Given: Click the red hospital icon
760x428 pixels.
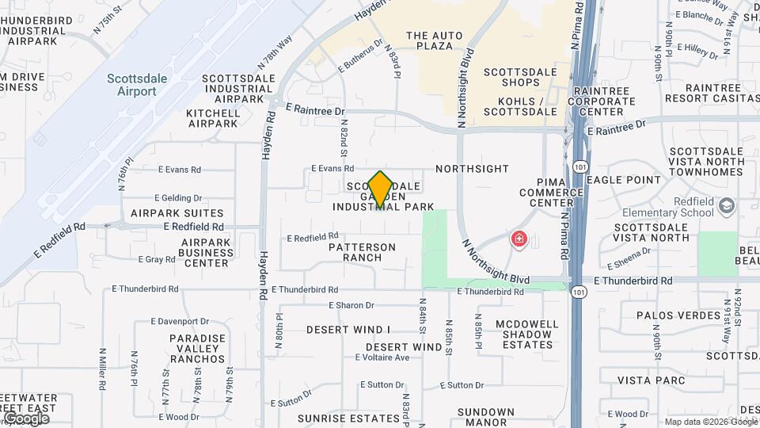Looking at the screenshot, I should [x=519, y=239].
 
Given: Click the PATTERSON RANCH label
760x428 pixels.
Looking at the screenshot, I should [x=362, y=252].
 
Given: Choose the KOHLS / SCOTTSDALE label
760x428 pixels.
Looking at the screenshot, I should [x=527, y=107].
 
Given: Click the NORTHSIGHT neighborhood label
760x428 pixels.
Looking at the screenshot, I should [x=472, y=169].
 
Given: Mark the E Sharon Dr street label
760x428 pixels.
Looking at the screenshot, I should [x=351, y=305].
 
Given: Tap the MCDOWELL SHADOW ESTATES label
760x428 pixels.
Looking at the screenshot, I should [x=527, y=334].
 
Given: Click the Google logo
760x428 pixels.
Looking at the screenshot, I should [x=25, y=418].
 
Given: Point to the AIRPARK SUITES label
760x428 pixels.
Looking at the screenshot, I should [x=177, y=213].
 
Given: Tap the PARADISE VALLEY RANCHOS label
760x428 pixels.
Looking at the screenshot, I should [x=197, y=348].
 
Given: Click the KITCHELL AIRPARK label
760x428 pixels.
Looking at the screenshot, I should [x=212, y=118].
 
